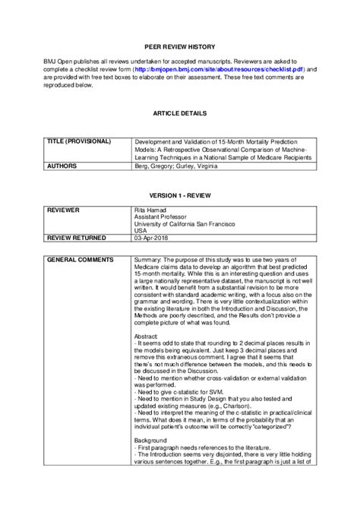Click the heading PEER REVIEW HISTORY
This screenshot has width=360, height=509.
click(180, 45)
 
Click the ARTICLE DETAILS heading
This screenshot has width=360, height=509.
click(179, 112)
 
